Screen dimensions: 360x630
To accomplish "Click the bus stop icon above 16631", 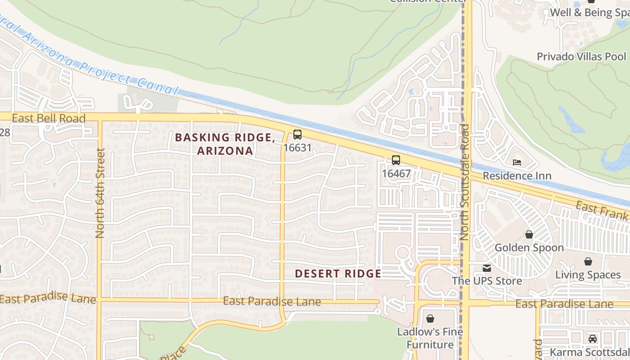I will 297,134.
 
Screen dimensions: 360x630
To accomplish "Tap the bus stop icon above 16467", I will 396,160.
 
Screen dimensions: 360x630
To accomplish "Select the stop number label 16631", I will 297,147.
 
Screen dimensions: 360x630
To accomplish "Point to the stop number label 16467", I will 396,173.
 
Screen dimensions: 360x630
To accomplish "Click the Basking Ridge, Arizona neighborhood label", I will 225,144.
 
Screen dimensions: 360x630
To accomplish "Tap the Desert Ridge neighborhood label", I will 338,274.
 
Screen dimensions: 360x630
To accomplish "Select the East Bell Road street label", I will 49,118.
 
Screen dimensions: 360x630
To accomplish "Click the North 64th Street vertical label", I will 100,193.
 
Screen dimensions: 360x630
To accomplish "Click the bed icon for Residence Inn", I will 517,162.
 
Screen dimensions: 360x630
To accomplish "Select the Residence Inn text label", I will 517,175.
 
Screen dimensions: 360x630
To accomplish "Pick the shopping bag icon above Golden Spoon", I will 529,234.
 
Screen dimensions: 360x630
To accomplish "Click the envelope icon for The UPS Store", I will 486,268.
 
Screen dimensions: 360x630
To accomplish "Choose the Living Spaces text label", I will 588,274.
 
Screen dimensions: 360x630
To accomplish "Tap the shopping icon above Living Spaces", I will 588,261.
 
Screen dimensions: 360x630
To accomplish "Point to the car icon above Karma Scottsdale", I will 593,339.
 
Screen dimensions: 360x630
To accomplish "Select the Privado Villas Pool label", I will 581,57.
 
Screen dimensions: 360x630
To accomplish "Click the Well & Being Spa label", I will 589,13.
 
